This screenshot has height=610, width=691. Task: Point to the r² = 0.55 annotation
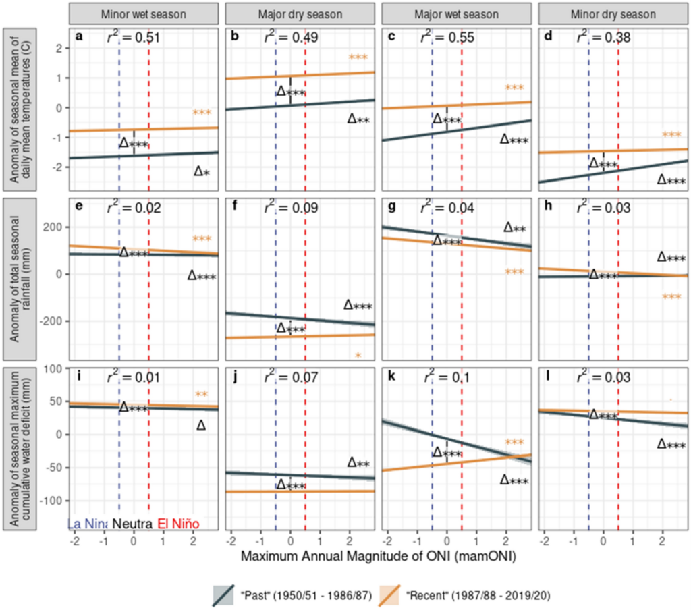[447, 38]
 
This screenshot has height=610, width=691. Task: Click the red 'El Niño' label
[178, 524]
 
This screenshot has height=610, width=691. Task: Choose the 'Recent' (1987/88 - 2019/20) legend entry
[470, 594]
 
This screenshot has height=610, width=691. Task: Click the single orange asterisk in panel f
[358, 356]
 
